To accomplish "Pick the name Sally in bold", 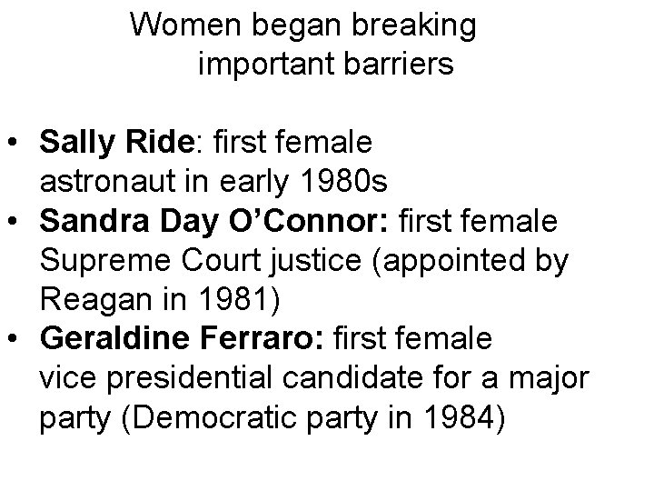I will point(75,144).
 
